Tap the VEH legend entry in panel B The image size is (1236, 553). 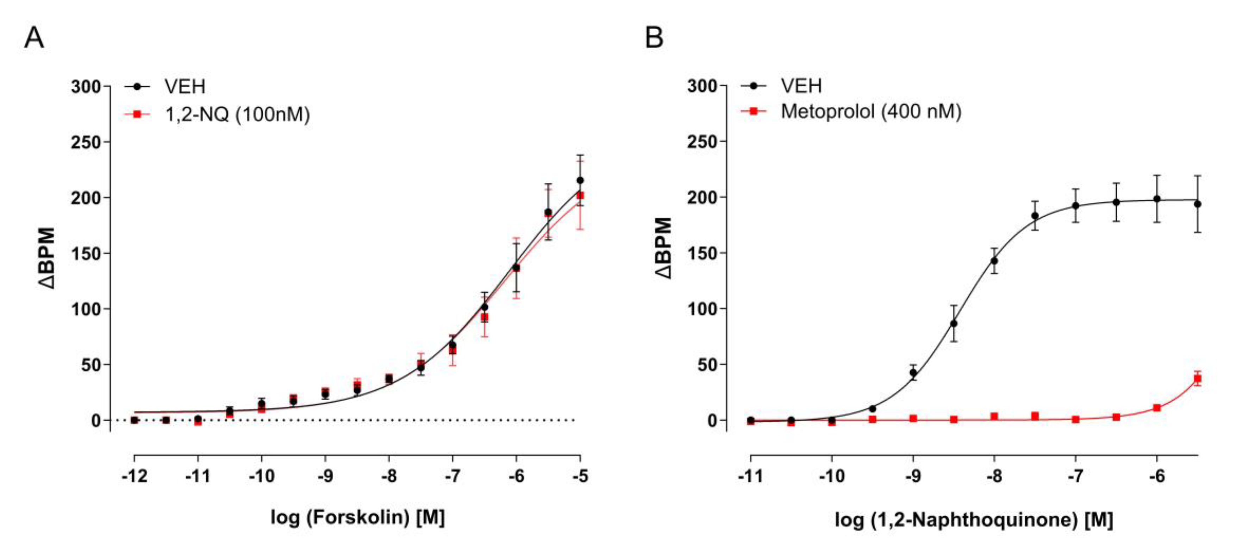pyautogui.click(x=801, y=86)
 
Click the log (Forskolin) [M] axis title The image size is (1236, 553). pyautogui.click(x=357, y=517)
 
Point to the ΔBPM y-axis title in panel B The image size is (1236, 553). pyautogui.click(x=663, y=248)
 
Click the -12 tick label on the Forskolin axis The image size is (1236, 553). pyautogui.click(x=135, y=476)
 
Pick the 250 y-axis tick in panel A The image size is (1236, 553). pyautogui.click(x=86, y=143)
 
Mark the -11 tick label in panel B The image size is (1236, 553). pyautogui.click(x=750, y=476)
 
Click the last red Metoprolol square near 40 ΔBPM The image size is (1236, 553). pyautogui.click(x=1197, y=378)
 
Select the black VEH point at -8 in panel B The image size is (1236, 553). pyautogui.click(x=994, y=261)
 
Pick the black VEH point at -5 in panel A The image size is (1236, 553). pyautogui.click(x=580, y=180)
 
